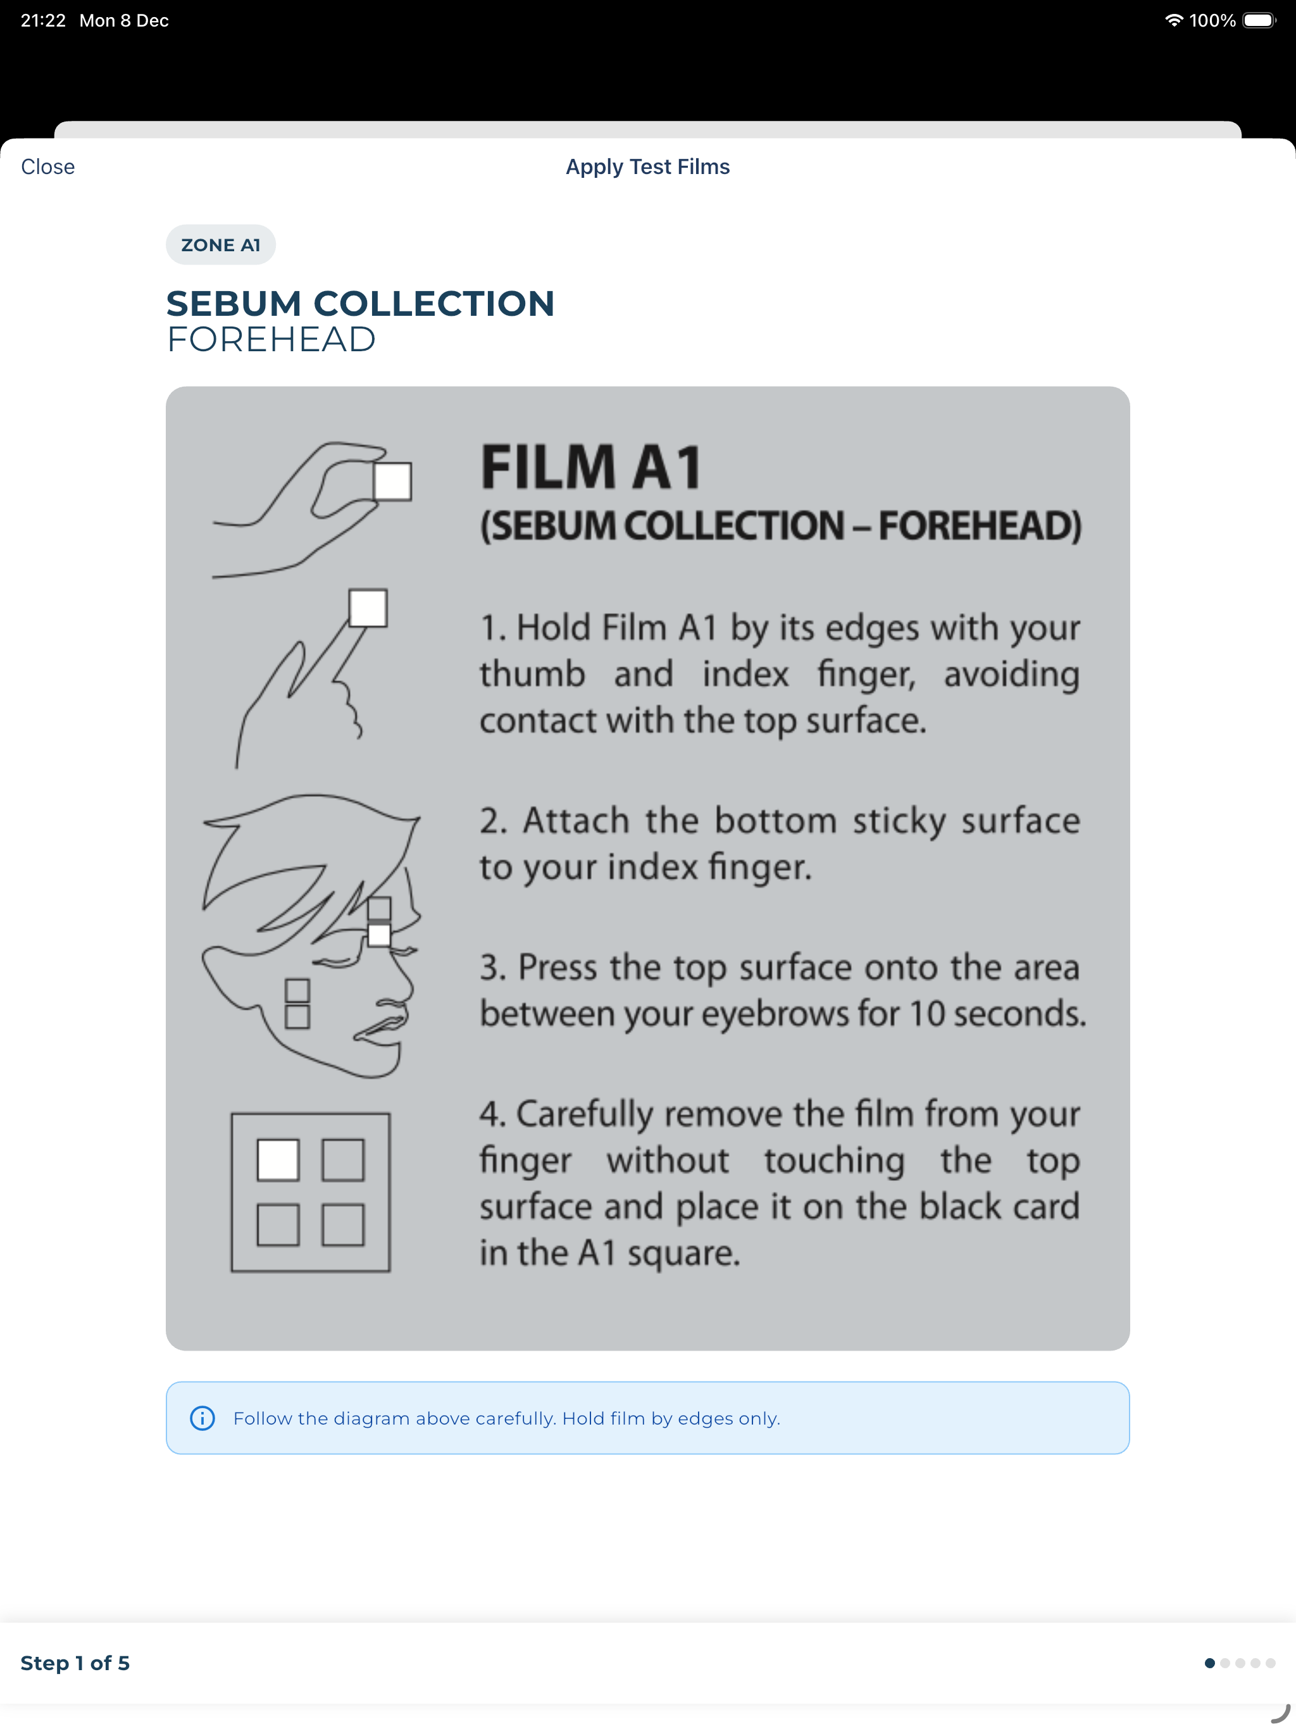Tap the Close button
click(x=47, y=166)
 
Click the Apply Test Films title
click(x=647, y=166)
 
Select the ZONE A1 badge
click(x=220, y=245)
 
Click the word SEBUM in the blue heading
click(x=234, y=303)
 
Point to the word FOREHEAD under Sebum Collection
click(x=271, y=339)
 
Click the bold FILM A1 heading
click(x=591, y=468)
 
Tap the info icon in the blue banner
click(x=202, y=1418)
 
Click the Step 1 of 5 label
click(x=75, y=1663)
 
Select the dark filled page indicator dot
click(x=1209, y=1663)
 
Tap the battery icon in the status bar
click(x=1259, y=20)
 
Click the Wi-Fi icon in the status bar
click(x=1173, y=20)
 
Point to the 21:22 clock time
click(x=43, y=20)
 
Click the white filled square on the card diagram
click(x=278, y=1159)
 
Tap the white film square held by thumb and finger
click(x=392, y=481)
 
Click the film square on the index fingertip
click(x=368, y=608)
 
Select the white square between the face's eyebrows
click(x=379, y=935)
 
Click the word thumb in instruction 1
click(x=532, y=674)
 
